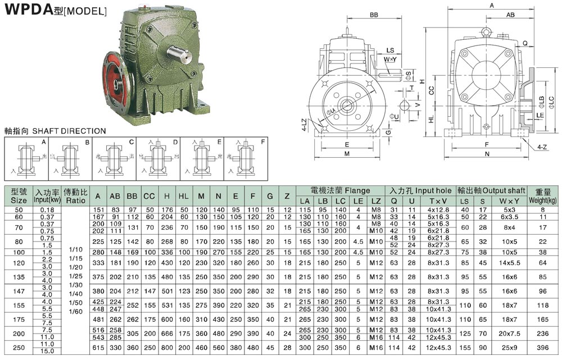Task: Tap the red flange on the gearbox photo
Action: tap(116, 82)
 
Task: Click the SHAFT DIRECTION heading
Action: tap(55, 131)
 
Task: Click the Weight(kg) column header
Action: tap(543, 195)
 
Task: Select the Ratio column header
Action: tap(75, 195)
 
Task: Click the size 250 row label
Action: tap(19, 348)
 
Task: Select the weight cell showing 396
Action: tap(543, 348)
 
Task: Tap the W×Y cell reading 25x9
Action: tap(509, 348)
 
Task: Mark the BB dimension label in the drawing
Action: tap(369, 15)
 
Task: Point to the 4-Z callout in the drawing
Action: tap(541, 147)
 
